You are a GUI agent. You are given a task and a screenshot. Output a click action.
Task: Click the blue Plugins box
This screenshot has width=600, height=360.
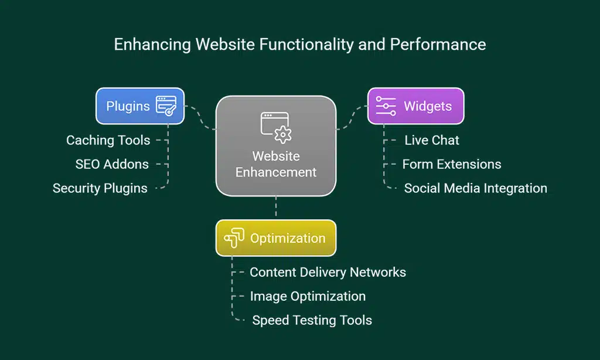pyautogui.click(x=140, y=106)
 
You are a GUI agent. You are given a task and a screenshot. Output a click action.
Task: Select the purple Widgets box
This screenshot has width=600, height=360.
pyautogui.click(x=415, y=106)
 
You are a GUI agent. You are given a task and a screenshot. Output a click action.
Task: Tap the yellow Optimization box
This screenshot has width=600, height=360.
pyautogui.click(x=275, y=238)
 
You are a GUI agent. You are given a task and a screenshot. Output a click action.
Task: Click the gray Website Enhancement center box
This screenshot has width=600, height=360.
pyautogui.click(x=275, y=146)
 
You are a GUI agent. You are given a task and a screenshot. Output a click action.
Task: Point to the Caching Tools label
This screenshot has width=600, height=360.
pyautogui.click(x=108, y=140)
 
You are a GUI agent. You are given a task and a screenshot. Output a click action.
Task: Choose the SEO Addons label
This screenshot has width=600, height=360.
pyautogui.click(x=112, y=164)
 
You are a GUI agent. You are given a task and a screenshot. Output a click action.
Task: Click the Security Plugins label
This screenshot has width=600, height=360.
pyautogui.click(x=100, y=188)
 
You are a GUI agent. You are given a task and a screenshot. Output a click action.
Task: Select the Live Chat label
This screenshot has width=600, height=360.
pyautogui.click(x=432, y=140)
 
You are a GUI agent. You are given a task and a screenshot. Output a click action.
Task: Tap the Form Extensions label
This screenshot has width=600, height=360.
pyautogui.click(x=452, y=164)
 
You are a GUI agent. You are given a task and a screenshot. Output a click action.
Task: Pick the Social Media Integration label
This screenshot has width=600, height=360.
pyautogui.click(x=475, y=188)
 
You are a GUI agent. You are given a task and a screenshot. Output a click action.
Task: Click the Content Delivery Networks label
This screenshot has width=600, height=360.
pyautogui.click(x=328, y=272)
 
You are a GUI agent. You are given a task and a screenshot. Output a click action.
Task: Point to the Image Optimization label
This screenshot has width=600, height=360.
pyautogui.click(x=308, y=296)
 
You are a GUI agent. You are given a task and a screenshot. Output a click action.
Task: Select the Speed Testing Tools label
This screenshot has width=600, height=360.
pyautogui.click(x=312, y=320)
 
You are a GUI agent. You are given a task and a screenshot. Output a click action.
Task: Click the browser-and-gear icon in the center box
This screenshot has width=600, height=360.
pyautogui.click(x=276, y=127)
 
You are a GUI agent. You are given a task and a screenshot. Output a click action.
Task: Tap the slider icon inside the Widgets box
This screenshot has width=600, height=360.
pyautogui.click(x=386, y=106)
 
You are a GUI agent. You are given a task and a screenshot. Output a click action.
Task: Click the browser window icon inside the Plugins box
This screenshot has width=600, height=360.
pyautogui.click(x=166, y=106)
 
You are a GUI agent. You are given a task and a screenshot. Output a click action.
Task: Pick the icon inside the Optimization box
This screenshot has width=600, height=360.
pyautogui.click(x=234, y=238)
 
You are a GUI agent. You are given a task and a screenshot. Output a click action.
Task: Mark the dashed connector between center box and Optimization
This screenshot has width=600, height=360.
pyautogui.click(x=276, y=208)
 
